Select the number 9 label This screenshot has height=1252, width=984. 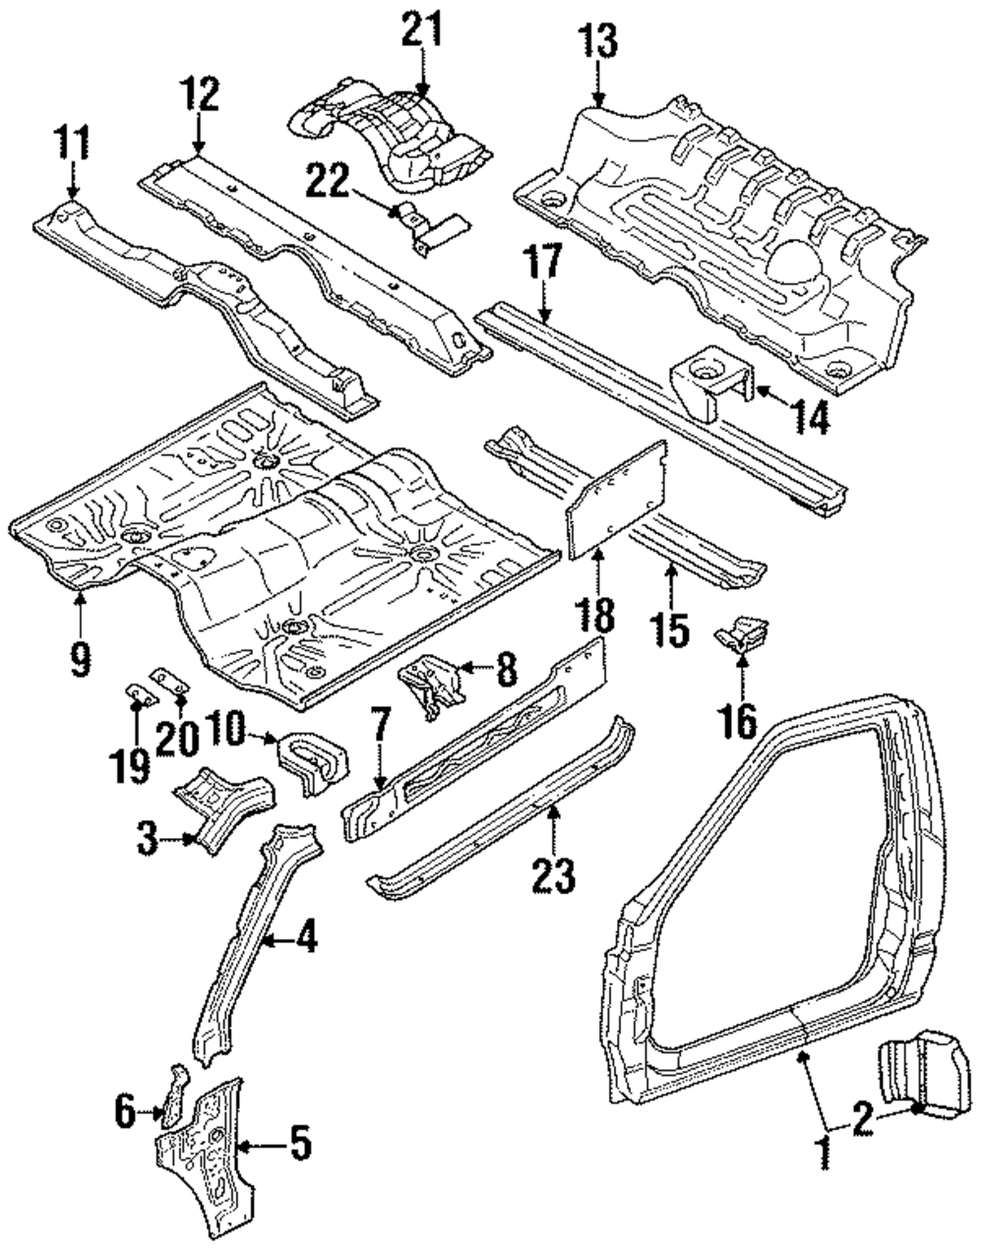click(80, 657)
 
